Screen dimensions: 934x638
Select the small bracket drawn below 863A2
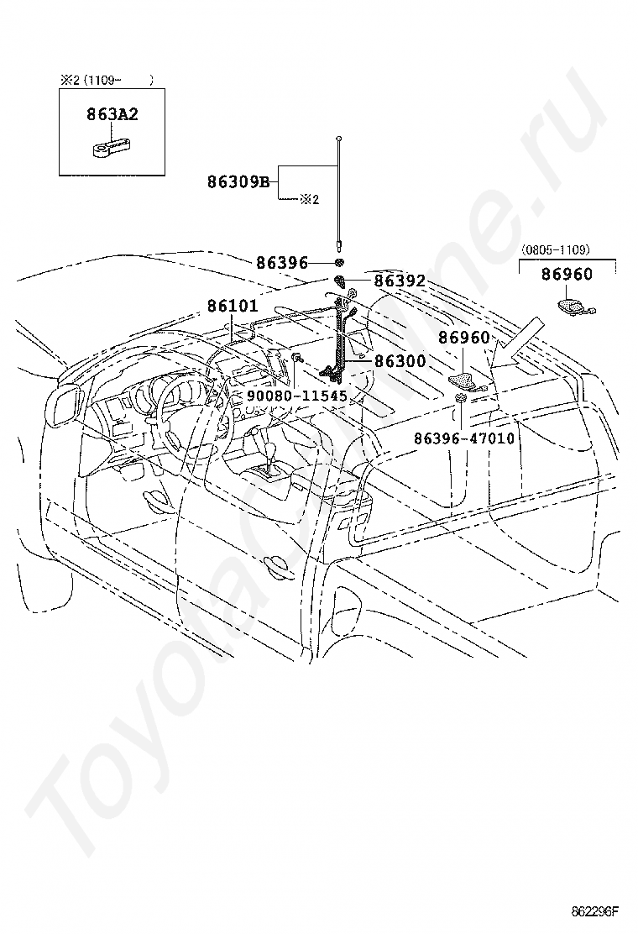click(x=110, y=148)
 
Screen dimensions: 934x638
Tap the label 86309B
click(x=238, y=181)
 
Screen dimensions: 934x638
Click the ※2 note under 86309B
click(x=310, y=200)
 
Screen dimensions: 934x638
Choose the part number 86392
click(x=400, y=281)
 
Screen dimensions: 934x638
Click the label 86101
click(x=233, y=307)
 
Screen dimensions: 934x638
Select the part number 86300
click(x=400, y=361)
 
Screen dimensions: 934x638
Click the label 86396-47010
click(x=464, y=438)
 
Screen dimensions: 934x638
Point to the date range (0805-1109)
click(x=555, y=249)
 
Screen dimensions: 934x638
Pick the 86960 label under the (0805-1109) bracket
click(x=567, y=274)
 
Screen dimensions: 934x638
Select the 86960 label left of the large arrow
click(x=463, y=338)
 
